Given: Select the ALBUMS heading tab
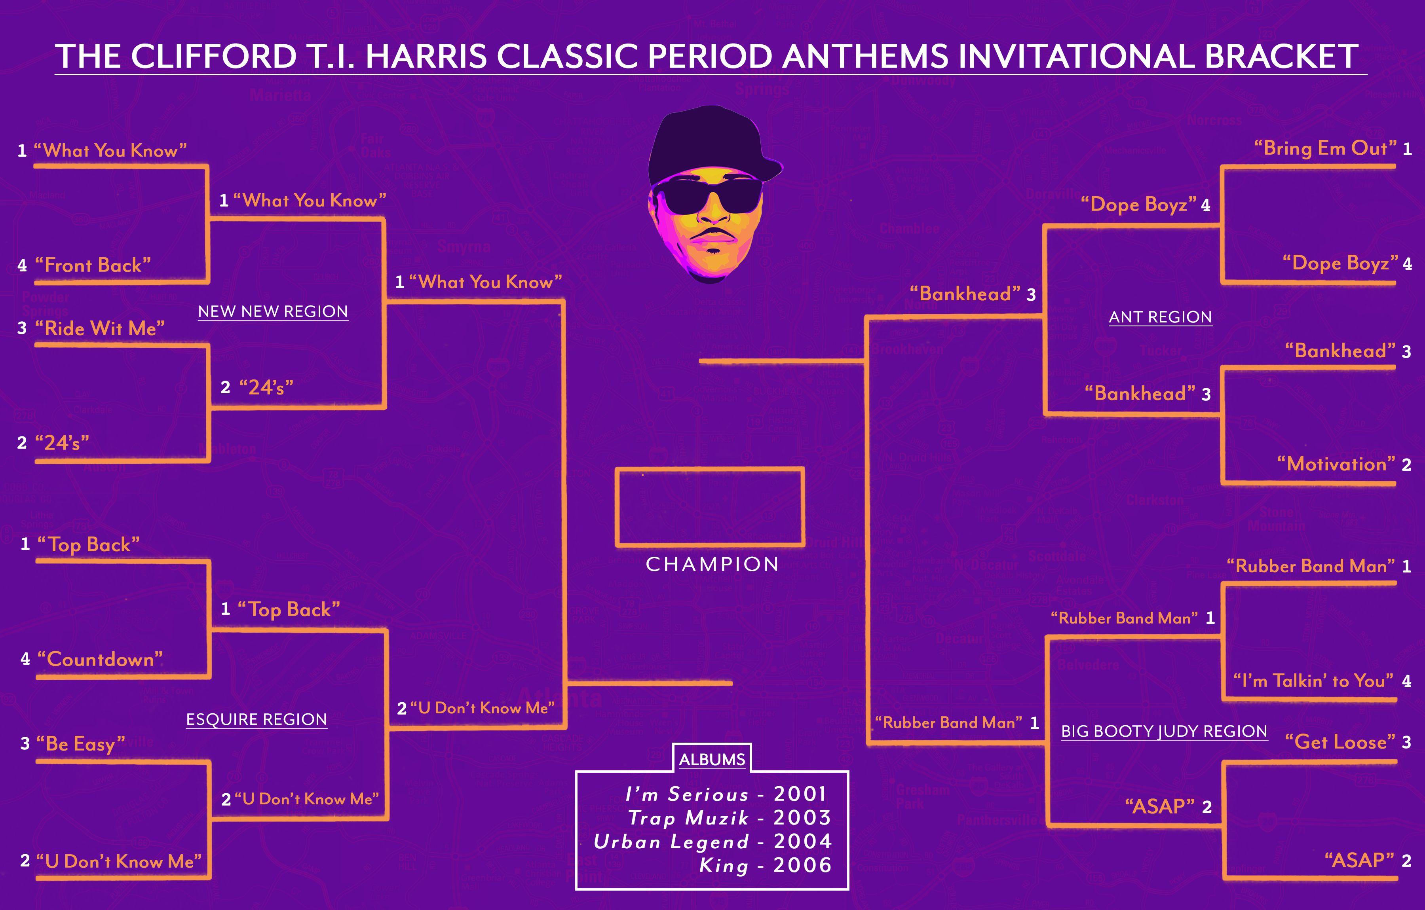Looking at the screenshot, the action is [x=712, y=759].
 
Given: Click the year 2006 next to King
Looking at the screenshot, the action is [x=802, y=865].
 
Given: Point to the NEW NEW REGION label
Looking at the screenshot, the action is [x=273, y=311].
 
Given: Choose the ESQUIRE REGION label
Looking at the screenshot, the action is [x=256, y=719].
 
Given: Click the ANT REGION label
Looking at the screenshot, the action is [x=1160, y=317].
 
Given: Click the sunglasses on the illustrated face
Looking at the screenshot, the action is [x=708, y=195].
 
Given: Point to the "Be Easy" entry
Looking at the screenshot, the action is [x=80, y=744].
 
